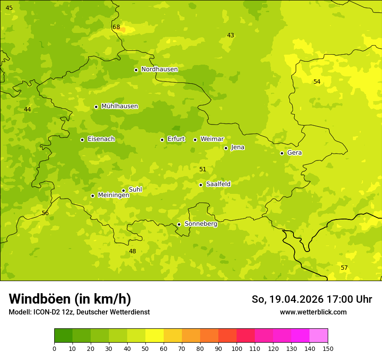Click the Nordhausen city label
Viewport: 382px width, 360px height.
pyautogui.click(x=159, y=69)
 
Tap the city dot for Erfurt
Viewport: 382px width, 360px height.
pyautogui.click(x=162, y=140)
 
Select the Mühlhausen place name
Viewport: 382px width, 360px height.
pyautogui.click(x=119, y=106)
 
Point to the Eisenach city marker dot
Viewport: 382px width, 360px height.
pyautogui.click(x=82, y=140)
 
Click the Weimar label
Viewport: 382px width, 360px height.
pyautogui.click(x=212, y=139)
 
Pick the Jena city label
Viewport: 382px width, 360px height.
pyautogui.click(x=237, y=147)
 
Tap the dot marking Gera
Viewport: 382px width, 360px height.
pyautogui.click(x=282, y=153)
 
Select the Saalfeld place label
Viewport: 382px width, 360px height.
pyautogui.click(x=218, y=184)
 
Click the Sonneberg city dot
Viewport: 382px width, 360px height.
pyautogui.click(x=179, y=224)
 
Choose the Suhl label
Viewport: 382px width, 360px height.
pyautogui.click(x=135, y=190)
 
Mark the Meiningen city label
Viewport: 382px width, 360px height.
pyautogui.click(x=113, y=195)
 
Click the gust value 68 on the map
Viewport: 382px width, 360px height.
pyautogui.click(x=116, y=27)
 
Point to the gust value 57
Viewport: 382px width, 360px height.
pyautogui.click(x=344, y=268)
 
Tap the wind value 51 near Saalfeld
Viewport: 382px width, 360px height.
pyautogui.click(x=203, y=170)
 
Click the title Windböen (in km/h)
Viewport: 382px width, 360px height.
pyautogui.click(x=70, y=299)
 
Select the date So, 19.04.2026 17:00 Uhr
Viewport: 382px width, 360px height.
pyautogui.click(x=312, y=299)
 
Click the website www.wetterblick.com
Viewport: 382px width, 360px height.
pyautogui.click(x=313, y=312)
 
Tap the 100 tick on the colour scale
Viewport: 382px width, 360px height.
pyautogui.click(x=237, y=348)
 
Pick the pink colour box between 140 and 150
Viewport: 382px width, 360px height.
pyautogui.click(x=319, y=336)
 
